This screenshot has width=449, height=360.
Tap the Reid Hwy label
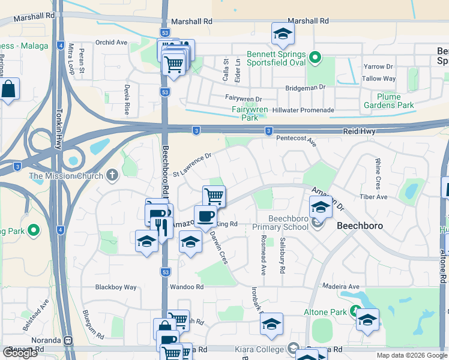click(x=360, y=130)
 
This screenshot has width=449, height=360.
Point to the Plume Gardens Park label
click(x=388, y=101)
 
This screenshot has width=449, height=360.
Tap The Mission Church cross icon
click(x=112, y=176)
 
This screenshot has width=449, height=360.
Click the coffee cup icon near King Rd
click(x=205, y=216)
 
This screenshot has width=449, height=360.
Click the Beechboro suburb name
click(x=360, y=226)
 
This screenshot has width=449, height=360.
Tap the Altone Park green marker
click(x=355, y=312)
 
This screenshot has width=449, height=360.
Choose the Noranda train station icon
click(x=68, y=340)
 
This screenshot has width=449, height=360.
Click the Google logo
click(x=20, y=352)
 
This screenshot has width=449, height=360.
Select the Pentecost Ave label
click(x=296, y=140)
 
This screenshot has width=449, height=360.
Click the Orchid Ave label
click(x=112, y=43)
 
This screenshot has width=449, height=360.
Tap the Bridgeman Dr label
click(x=305, y=87)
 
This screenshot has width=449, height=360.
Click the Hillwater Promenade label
click(x=303, y=110)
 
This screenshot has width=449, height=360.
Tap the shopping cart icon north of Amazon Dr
click(x=214, y=195)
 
